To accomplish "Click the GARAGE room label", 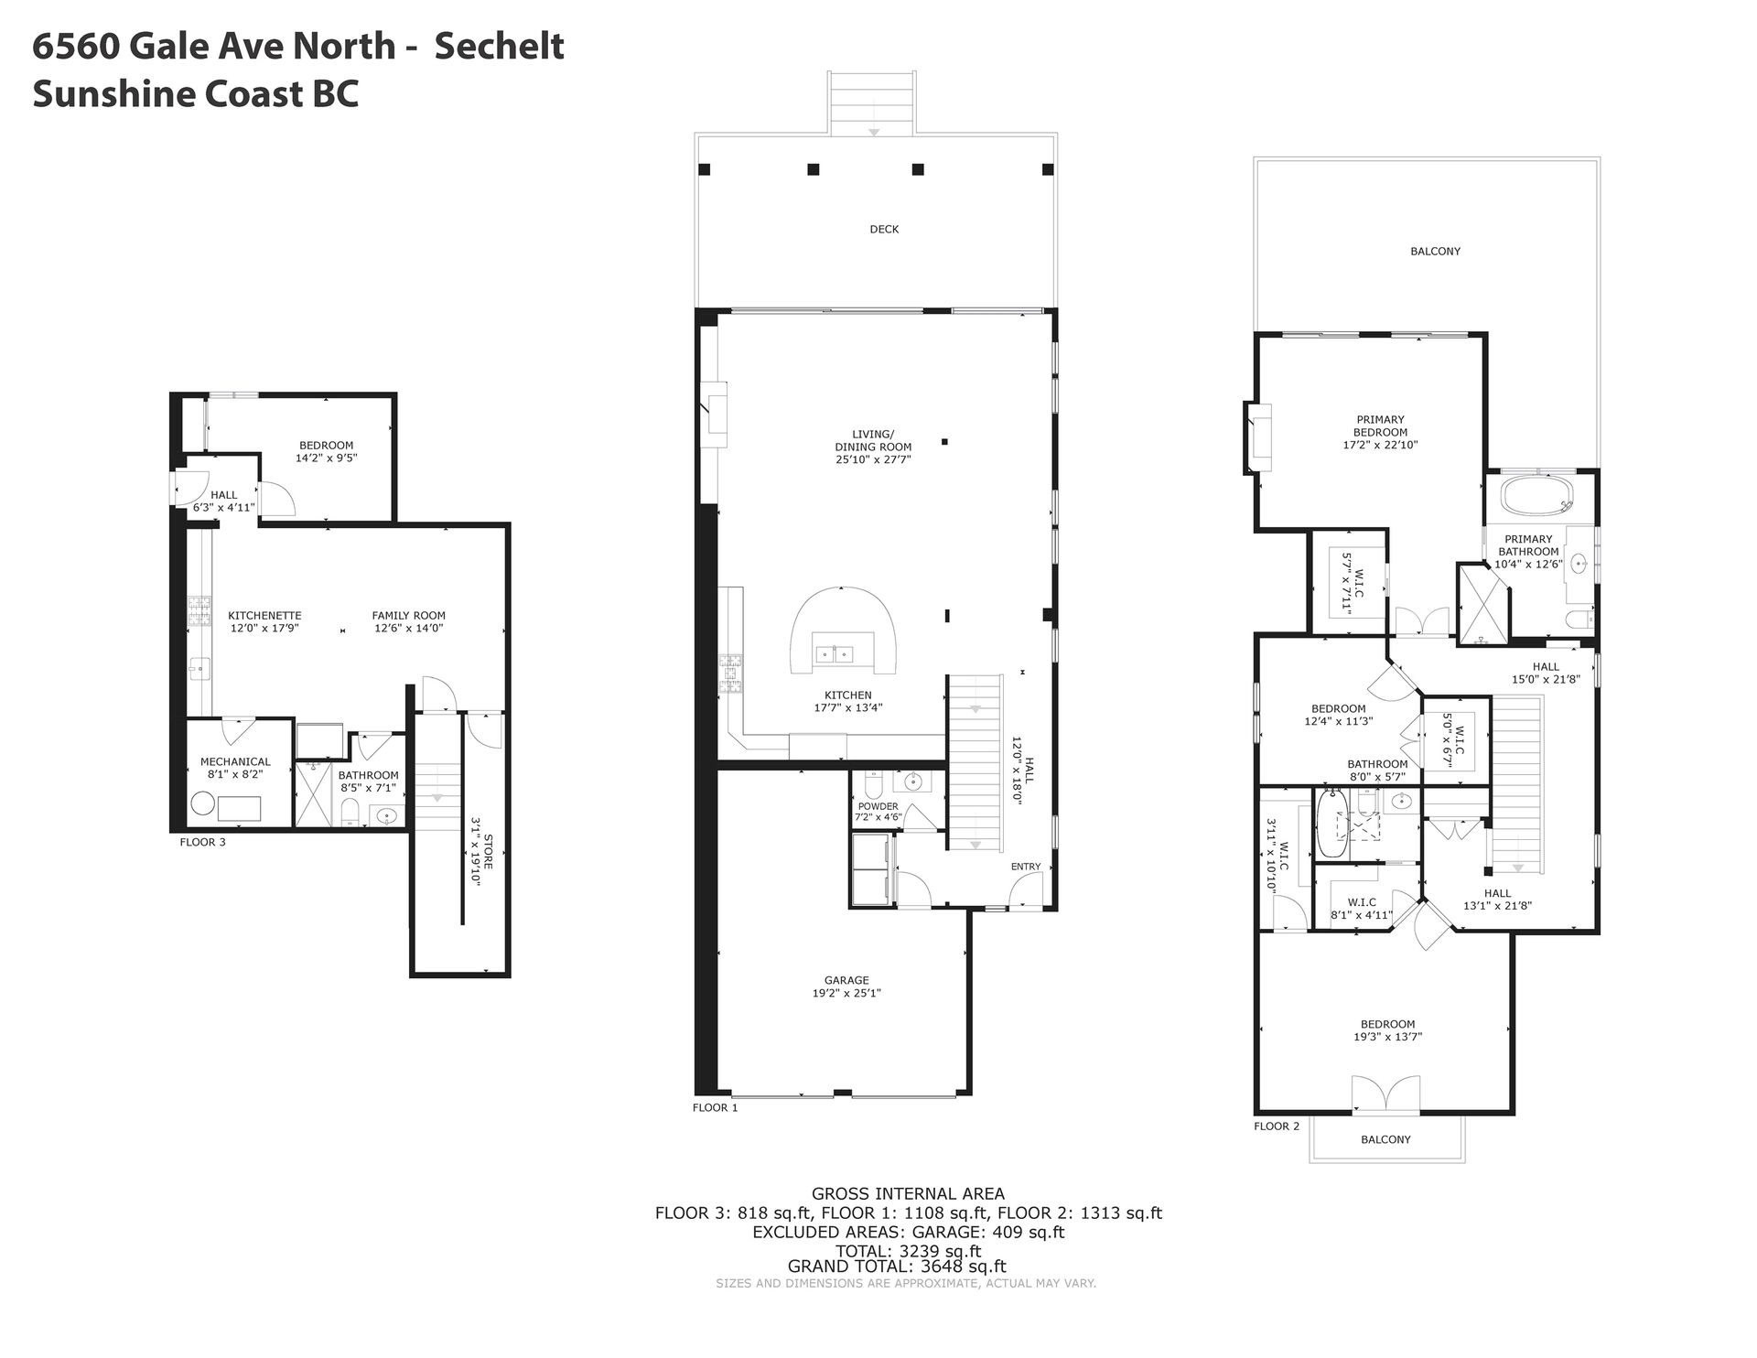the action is click(x=846, y=980).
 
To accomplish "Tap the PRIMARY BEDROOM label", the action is click(x=1381, y=426).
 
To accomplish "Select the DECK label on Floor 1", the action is click(x=884, y=229).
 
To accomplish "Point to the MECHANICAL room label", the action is click(x=235, y=761).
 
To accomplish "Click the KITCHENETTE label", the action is click(x=264, y=616).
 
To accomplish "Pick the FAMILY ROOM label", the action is click(x=408, y=616).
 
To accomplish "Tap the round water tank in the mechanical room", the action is click(x=203, y=806).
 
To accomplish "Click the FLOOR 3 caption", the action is click(x=202, y=842).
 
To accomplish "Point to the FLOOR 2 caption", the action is click(x=1277, y=1126).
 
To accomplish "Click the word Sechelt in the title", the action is click(x=499, y=46).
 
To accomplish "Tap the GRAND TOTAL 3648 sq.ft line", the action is click(x=897, y=1266).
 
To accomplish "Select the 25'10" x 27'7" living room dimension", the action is click(x=873, y=459).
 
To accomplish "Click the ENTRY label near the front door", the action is click(x=1026, y=867).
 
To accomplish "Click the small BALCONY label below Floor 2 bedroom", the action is click(x=1385, y=1139).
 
